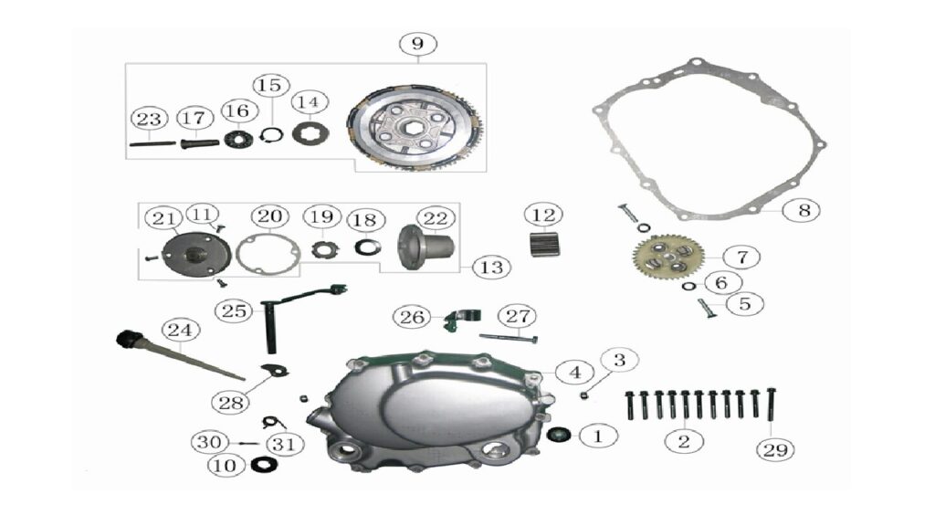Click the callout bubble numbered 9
[417, 44]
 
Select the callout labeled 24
[181, 330]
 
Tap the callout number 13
[491, 268]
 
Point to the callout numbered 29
[775, 449]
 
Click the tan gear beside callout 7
[668, 257]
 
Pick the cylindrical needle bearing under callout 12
[545, 244]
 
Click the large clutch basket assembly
[415, 127]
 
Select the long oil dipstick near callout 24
[180, 355]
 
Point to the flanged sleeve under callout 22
[425, 247]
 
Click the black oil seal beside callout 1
[558, 435]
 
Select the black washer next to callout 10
[264, 464]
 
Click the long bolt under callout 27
[508, 338]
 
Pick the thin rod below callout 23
[152, 143]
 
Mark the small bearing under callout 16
[238, 140]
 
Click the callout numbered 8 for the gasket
[804, 210]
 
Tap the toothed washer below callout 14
[310, 133]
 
